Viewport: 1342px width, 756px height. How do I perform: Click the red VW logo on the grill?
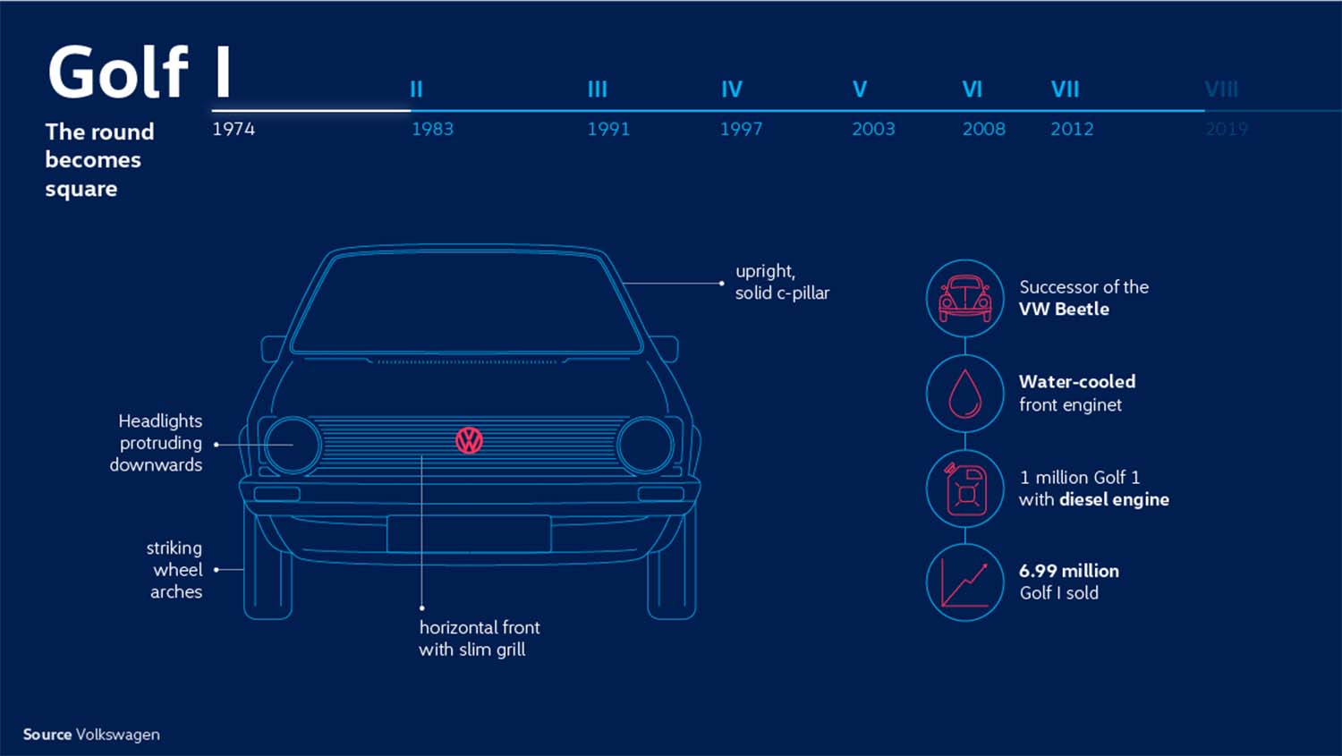click(469, 440)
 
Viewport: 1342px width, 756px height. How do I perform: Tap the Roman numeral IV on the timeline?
click(732, 89)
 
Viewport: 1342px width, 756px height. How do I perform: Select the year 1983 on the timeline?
click(432, 129)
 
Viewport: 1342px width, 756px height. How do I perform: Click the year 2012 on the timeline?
click(1072, 129)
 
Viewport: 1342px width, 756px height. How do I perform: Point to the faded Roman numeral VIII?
click(1221, 89)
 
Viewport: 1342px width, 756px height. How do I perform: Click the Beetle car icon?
click(964, 299)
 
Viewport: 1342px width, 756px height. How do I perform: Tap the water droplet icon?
click(964, 394)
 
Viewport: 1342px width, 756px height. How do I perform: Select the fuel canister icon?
click(964, 488)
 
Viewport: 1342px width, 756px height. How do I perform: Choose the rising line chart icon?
click(964, 582)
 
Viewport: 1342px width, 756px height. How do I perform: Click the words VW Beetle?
click(1064, 310)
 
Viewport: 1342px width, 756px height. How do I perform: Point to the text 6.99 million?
click(1068, 571)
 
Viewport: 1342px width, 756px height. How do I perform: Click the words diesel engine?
click(1114, 500)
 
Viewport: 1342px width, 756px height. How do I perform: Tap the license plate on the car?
click(469, 534)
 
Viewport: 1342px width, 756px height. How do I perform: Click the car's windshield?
click(467, 302)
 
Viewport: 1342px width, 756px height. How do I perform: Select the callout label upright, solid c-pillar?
click(782, 282)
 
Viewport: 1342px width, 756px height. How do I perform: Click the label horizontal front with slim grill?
click(479, 639)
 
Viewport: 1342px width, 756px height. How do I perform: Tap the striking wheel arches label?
click(176, 570)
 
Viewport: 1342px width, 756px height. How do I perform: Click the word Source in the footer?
click(47, 735)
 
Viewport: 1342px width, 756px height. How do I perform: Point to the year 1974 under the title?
click(234, 129)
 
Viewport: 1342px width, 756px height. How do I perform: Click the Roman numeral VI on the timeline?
click(972, 89)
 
